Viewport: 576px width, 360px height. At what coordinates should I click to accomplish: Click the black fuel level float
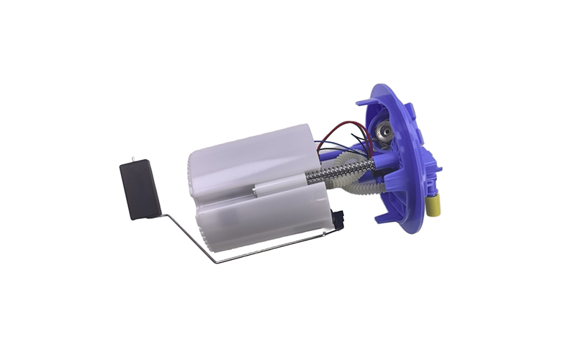(140, 189)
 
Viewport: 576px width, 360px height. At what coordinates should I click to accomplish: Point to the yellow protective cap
(434, 206)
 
